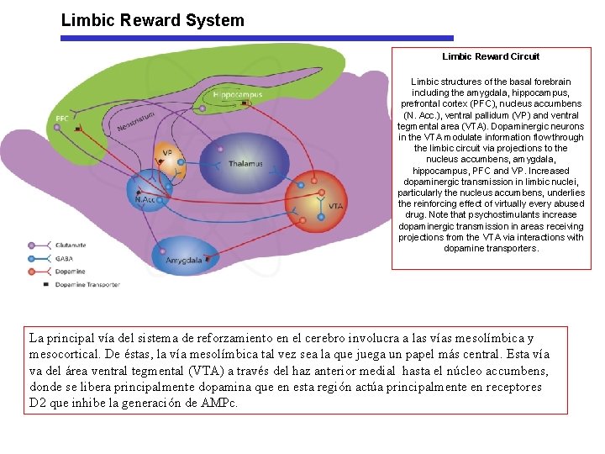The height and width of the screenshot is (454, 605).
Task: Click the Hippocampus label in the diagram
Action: (x=238, y=95)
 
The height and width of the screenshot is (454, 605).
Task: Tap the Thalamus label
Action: (x=245, y=163)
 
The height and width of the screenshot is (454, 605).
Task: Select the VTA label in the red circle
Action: (x=335, y=207)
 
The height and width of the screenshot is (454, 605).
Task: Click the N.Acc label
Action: (x=145, y=199)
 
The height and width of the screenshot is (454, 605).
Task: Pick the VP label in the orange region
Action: (x=167, y=153)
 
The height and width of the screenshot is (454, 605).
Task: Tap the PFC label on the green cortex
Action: (x=62, y=119)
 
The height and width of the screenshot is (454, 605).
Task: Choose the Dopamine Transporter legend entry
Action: (x=87, y=285)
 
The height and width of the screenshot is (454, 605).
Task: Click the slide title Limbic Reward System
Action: (x=152, y=20)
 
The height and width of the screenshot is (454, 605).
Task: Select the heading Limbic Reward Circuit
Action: (x=491, y=56)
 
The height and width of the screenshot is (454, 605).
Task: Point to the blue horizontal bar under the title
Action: (x=257, y=38)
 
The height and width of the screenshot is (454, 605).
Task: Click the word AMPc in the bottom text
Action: (x=222, y=403)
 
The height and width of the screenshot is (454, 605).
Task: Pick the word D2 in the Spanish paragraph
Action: (x=39, y=403)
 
